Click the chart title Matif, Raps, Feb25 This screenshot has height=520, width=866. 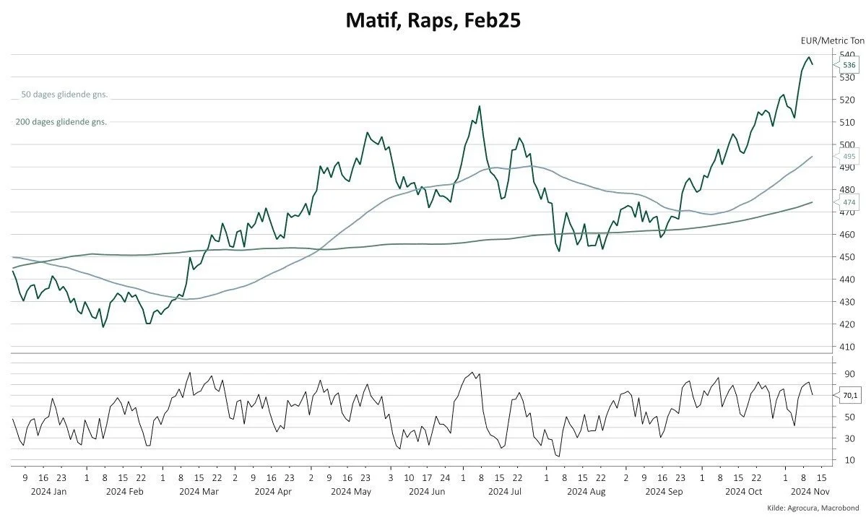coord(433,21)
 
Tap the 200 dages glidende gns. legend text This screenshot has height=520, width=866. coord(61,122)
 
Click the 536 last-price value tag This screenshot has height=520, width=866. coord(849,65)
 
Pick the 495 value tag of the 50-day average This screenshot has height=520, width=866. coord(849,156)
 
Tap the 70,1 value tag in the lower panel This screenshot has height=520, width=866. coord(849,395)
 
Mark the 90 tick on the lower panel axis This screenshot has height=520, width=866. coord(849,374)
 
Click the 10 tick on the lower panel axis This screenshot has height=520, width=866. coord(849,460)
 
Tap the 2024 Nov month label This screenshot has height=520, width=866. coord(805,492)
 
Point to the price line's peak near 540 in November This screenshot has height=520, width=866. coord(809,57)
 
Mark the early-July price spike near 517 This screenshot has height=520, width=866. coord(479,106)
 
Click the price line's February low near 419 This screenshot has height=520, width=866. coord(103,327)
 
